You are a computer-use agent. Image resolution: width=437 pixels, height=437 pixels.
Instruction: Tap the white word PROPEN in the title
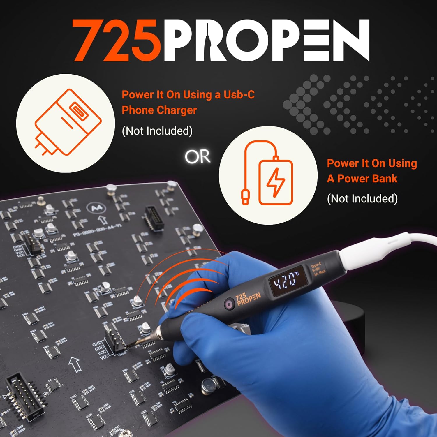click(x=267, y=41)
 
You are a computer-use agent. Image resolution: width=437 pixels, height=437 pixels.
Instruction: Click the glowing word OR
click(x=198, y=157)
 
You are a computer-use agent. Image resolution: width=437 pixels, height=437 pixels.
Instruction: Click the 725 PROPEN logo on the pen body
click(x=248, y=299)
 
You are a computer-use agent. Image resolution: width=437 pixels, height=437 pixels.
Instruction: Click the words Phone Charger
click(x=159, y=110)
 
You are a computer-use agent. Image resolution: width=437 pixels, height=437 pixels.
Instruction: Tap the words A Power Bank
click(x=362, y=179)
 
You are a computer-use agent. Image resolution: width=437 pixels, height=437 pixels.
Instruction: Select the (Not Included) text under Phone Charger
click(x=157, y=131)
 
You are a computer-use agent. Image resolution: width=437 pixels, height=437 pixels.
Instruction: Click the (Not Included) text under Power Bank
click(x=362, y=199)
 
